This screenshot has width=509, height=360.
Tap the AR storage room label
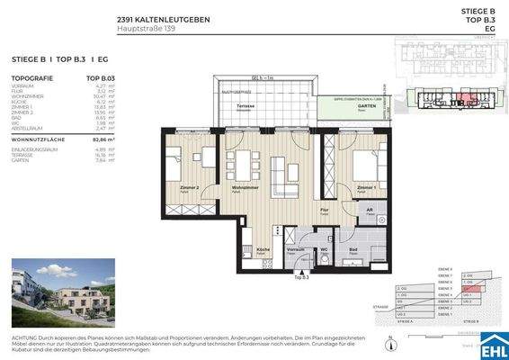tap(369, 207)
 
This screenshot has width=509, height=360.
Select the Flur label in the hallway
tap(324, 208)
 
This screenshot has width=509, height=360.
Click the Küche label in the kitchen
tap(263, 248)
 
